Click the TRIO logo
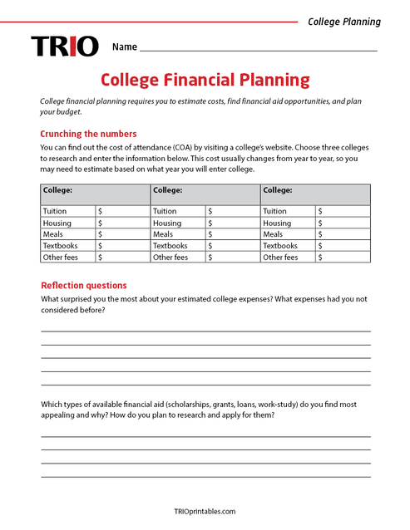tap(65, 47)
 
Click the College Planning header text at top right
tap(344, 22)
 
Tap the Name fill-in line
tap(258, 50)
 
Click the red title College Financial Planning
tap(205, 81)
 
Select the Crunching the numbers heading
tap(88, 134)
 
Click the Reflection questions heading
tap(83, 285)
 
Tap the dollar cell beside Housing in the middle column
tap(232, 223)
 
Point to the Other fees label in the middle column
tap(170, 258)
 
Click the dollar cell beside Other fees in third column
tap(343, 258)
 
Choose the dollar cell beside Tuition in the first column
tap(122, 212)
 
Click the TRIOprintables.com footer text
tap(205, 512)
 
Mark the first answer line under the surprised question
tap(205, 330)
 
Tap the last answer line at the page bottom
tap(205, 476)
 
